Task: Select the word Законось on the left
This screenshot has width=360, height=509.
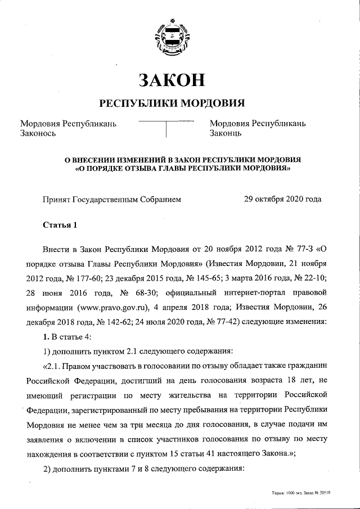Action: click(38, 134)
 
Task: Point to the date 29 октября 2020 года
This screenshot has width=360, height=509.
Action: click(282, 199)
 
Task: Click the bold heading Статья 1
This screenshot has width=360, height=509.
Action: click(60, 226)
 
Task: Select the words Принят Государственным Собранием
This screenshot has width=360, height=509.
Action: click(112, 199)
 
